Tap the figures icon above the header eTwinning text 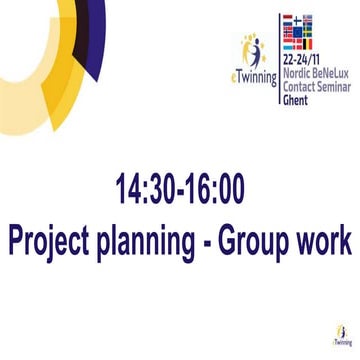(252, 50)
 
